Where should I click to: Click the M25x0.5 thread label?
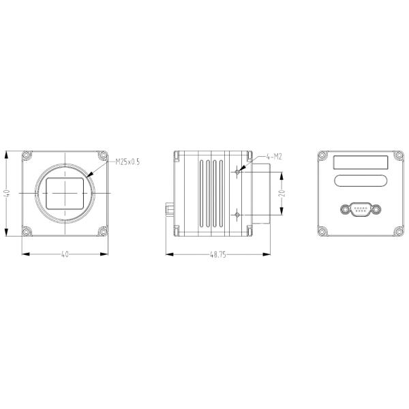pos(127,162)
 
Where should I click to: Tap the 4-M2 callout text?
pos(274,157)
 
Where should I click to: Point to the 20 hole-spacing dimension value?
pos(281,193)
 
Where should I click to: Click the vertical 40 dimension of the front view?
pos(6,194)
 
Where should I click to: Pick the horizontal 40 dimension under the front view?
pos(65,254)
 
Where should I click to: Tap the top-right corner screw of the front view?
pos(103,156)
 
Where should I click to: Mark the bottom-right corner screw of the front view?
pos(103,232)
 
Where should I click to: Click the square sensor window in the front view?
pos(65,193)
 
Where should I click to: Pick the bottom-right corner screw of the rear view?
pos(399,232)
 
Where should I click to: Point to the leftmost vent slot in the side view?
pos(202,194)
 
